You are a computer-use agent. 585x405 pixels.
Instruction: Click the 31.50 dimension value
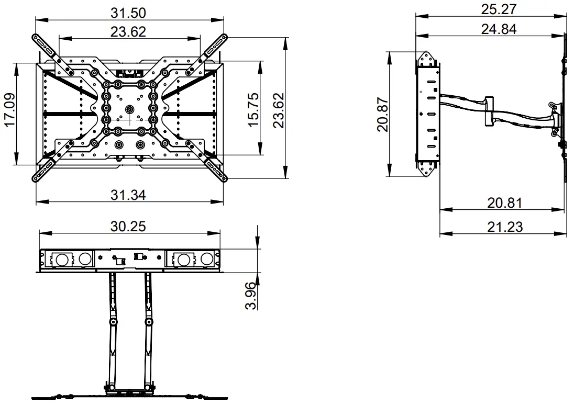click(128, 12)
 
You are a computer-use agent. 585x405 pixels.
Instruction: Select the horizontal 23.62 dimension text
click(128, 31)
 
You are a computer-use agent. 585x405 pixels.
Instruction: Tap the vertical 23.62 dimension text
click(278, 110)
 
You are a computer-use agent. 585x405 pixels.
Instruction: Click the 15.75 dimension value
click(252, 110)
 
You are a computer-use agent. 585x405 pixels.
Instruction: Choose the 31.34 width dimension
click(128, 195)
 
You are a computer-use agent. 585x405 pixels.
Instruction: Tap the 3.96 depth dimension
click(251, 296)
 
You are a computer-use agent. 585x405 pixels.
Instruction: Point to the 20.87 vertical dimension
click(382, 115)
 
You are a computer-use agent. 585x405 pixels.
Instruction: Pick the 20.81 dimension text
click(504, 203)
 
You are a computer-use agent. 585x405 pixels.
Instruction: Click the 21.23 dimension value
click(504, 226)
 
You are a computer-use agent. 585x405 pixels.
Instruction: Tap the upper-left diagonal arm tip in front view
click(36, 38)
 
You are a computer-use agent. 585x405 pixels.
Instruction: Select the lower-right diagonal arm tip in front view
click(223, 178)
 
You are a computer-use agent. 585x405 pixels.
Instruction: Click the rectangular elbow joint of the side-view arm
click(489, 110)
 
